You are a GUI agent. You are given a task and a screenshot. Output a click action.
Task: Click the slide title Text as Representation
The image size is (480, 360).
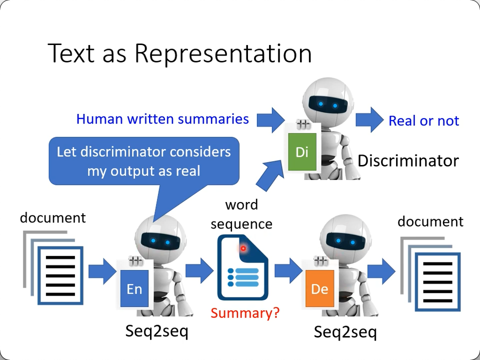[179, 53]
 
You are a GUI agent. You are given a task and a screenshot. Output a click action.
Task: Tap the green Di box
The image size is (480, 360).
[301, 151]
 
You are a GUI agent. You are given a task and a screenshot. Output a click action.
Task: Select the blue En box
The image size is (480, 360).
[134, 288]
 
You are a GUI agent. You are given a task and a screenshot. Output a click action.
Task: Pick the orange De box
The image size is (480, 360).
[319, 288]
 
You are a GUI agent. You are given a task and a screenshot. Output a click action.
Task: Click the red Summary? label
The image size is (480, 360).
[245, 313]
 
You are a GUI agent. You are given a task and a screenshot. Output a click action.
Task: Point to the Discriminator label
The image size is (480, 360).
[408, 160]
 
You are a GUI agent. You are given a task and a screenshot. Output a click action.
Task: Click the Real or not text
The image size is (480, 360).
[423, 120]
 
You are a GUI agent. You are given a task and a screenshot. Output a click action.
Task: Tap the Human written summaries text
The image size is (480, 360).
[162, 119]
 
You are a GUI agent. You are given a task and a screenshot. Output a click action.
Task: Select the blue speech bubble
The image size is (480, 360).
[144, 161]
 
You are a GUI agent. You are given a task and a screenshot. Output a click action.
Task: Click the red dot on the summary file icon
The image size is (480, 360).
[243, 248]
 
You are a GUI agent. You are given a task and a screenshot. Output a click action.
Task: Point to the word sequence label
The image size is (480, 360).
[241, 214]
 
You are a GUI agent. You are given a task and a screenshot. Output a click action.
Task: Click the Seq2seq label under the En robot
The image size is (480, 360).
[156, 331]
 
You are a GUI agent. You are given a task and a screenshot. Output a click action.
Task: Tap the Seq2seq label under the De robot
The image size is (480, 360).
[345, 332]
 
